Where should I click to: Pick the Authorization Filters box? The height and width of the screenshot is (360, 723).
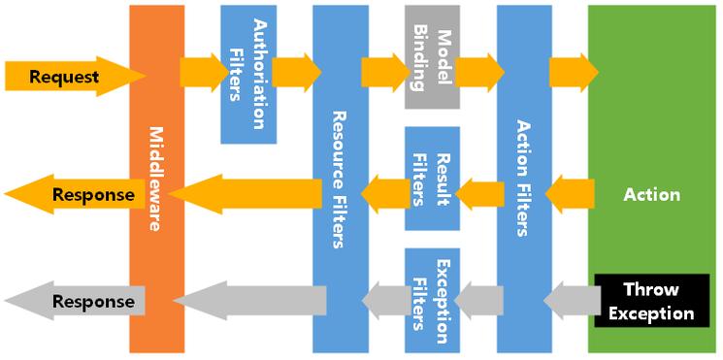(247, 74)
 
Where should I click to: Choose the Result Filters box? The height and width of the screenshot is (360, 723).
(431, 179)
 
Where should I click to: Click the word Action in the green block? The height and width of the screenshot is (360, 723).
(652, 195)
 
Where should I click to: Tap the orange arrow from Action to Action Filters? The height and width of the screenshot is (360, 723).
(570, 194)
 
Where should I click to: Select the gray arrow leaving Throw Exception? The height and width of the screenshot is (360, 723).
(570, 301)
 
